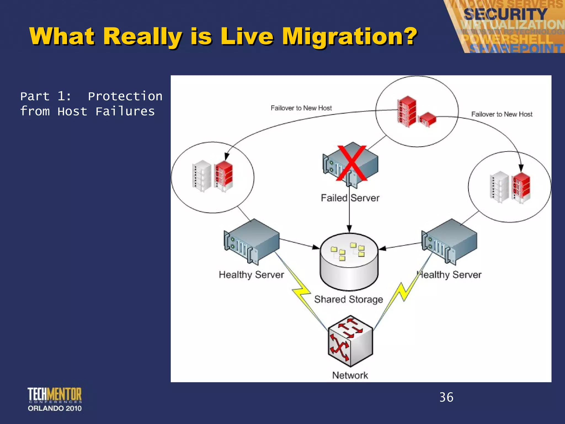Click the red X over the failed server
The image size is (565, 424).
(351, 163)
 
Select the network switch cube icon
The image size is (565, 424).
(350, 341)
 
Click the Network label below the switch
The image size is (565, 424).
(350, 375)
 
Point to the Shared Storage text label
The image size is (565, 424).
(348, 299)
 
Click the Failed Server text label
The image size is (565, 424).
(350, 198)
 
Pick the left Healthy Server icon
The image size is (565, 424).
(251, 242)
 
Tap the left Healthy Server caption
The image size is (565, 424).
(251, 275)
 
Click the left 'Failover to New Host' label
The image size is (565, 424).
(301, 108)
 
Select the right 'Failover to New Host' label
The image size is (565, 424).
(502, 114)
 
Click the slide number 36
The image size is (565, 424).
(446, 397)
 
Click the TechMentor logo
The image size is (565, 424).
(55, 395)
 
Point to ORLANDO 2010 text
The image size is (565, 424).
(55, 408)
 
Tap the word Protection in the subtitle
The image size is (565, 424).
(125, 96)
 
